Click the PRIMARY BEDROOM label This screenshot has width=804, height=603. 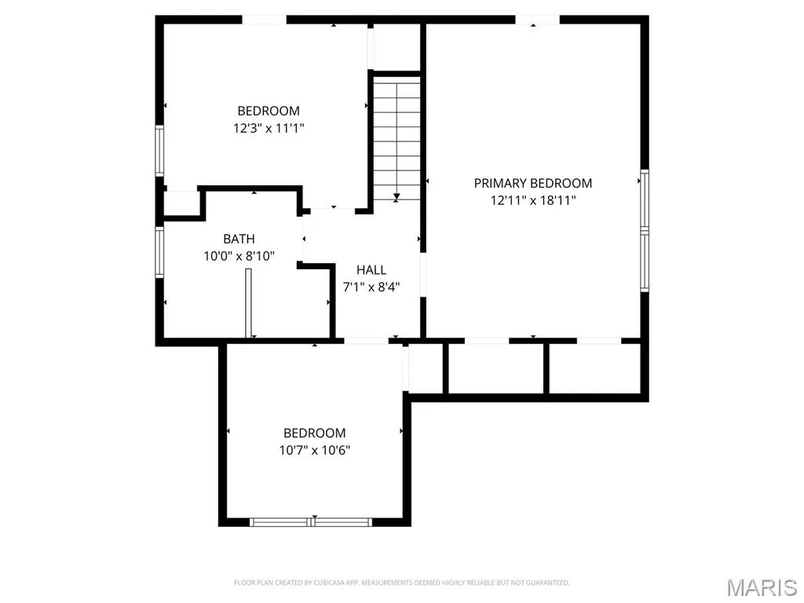point(533,183)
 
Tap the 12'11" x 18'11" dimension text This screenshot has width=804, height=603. point(533,200)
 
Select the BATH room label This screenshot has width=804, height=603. point(239,239)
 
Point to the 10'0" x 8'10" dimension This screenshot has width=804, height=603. point(239,256)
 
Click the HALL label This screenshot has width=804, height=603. point(371,270)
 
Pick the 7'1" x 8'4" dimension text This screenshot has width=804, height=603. point(371,287)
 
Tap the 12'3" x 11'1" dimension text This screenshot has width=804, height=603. point(269,128)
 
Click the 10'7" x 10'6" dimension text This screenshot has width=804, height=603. point(314,450)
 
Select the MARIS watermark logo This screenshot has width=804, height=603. point(762,587)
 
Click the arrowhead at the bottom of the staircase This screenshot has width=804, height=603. point(397,196)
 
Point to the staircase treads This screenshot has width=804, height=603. point(397,138)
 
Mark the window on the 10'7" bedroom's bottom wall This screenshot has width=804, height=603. point(311,522)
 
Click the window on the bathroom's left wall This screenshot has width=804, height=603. point(159,252)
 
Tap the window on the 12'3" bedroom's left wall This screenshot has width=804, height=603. point(159,152)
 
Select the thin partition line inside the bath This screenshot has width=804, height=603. point(248,303)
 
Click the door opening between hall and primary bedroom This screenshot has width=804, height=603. point(423,276)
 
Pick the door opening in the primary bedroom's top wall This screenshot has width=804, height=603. point(537,20)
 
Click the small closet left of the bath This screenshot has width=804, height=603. point(181,203)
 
